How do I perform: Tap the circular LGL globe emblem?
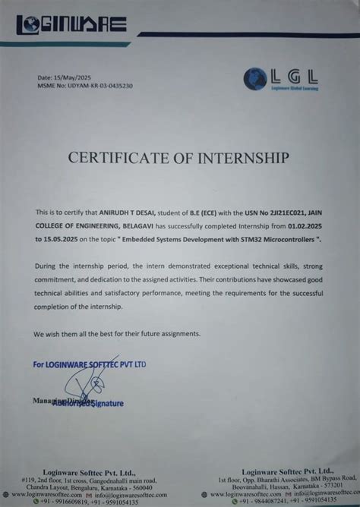click(257, 79)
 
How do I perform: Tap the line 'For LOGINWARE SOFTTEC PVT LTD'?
click(90, 364)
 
